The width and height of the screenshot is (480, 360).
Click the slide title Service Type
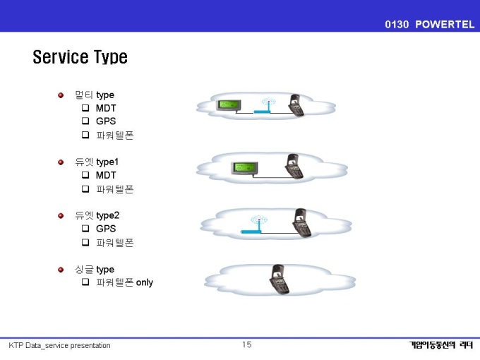pyautogui.click(x=80, y=57)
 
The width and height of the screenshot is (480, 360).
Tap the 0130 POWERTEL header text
pyautogui.click(x=429, y=24)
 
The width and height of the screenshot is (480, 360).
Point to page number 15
pyautogui.click(x=247, y=344)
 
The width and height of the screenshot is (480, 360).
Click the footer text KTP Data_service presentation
pyautogui.click(x=59, y=346)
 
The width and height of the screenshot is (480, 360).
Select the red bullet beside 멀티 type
pyautogui.click(x=61, y=95)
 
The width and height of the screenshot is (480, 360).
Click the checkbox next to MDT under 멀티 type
pyautogui.click(x=85, y=108)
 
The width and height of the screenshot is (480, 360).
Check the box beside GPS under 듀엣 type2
pyautogui.click(x=85, y=229)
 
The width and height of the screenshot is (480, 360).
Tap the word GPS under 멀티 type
pyautogui.click(x=106, y=121)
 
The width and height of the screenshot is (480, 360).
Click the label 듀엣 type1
pyautogui.click(x=97, y=162)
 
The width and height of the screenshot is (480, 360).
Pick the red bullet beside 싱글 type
pyautogui.click(x=61, y=270)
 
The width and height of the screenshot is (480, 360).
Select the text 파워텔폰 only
pyautogui.click(x=125, y=282)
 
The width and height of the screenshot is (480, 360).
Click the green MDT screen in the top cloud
pyautogui.click(x=229, y=105)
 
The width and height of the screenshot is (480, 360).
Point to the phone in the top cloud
pyautogui.click(x=296, y=105)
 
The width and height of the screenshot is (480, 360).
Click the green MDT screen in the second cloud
pyautogui.click(x=244, y=168)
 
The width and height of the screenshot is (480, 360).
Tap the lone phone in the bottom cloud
pyautogui.click(x=279, y=280)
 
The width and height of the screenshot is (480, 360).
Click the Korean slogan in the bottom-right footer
pyautogui.click(x=441, y=345)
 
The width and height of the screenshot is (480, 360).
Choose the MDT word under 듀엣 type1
pyautogui.click(x=106, y=175)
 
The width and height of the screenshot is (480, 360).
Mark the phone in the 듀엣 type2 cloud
pyautogui.click(x=301, y=223)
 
